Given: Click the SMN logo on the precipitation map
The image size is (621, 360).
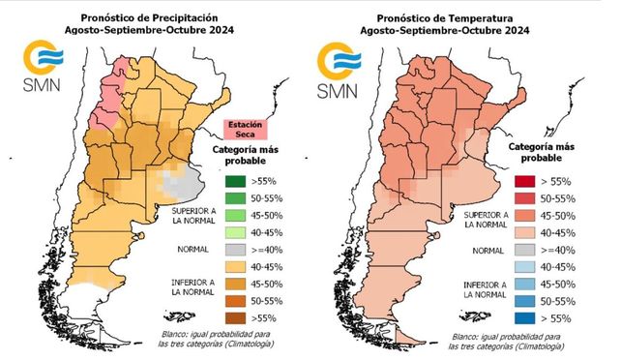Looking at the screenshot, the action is point(43,66).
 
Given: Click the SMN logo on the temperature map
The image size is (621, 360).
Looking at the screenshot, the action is point(339,70).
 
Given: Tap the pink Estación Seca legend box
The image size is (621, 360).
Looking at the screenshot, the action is point(246,130).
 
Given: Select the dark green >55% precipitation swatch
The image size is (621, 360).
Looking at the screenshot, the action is point(235,181).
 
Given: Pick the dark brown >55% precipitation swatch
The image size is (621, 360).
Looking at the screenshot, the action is point(235,318).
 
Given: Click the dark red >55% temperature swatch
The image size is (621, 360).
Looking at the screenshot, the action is point(525,181).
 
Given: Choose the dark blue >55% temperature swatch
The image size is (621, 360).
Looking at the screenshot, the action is point(525,318).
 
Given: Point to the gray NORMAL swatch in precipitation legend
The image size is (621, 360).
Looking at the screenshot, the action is point(235,250).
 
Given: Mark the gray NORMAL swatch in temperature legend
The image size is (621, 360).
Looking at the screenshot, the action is point(525,250).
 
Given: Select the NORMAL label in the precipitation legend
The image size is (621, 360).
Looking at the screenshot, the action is point(192,250).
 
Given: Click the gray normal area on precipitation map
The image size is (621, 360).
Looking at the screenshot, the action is point(184,183).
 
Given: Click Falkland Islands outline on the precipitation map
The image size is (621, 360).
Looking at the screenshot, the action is point(179,316).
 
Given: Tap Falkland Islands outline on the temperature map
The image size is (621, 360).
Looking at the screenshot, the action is point(475,316).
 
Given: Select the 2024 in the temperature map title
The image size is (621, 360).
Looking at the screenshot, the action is point(517,31).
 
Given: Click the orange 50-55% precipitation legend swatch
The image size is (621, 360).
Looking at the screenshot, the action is point(235,301).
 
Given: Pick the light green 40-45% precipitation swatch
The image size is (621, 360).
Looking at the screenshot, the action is point(235,233).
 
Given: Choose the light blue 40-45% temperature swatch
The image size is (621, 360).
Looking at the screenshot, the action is point(525,267).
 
